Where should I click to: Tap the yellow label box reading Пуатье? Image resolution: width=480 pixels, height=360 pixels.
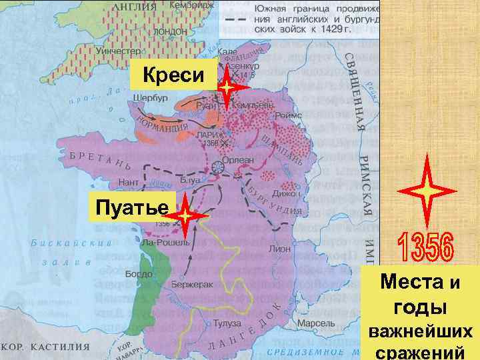pos(131,207)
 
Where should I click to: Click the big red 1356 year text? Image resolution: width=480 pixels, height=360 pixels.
pos(425,246)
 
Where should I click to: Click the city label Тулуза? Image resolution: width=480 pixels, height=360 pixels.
pos(227,323)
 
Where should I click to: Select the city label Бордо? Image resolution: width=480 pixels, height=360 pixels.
pos(139,274)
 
